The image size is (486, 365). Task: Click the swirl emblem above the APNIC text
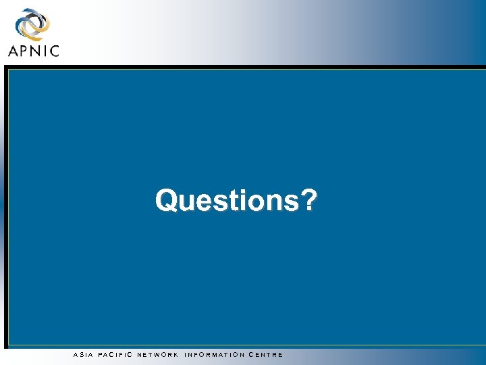32,25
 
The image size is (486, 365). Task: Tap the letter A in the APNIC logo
14,50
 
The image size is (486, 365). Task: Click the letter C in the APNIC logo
54,50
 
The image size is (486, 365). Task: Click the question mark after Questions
308,200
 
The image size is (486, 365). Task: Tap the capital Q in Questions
166,201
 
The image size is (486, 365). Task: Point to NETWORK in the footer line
157,355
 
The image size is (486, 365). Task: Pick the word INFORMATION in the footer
214,355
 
